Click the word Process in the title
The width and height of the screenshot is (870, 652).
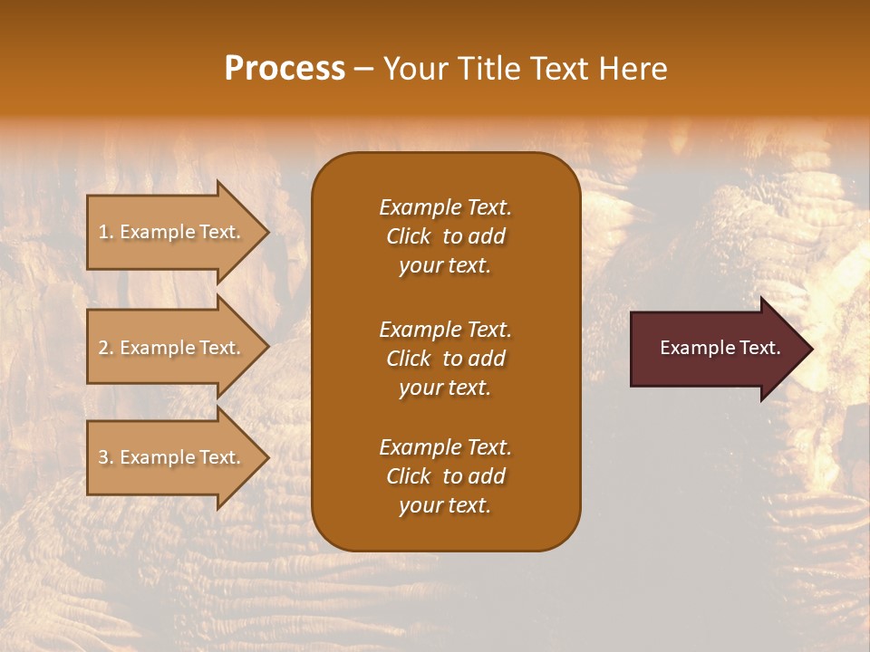click(x=285, y=69)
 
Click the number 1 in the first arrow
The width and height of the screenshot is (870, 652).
click(x=103, y=233)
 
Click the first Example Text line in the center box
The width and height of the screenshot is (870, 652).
click(x=445, y=207)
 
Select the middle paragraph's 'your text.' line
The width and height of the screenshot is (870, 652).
click(x=445, y=388)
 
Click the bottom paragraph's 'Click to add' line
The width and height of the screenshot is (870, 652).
click(x=445, y=476)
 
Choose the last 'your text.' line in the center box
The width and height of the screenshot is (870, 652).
click(x=445, y=506)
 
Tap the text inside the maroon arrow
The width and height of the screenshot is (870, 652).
click(x=720, y=348)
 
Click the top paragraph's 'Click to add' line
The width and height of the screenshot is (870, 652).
click(x=445, y=237)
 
